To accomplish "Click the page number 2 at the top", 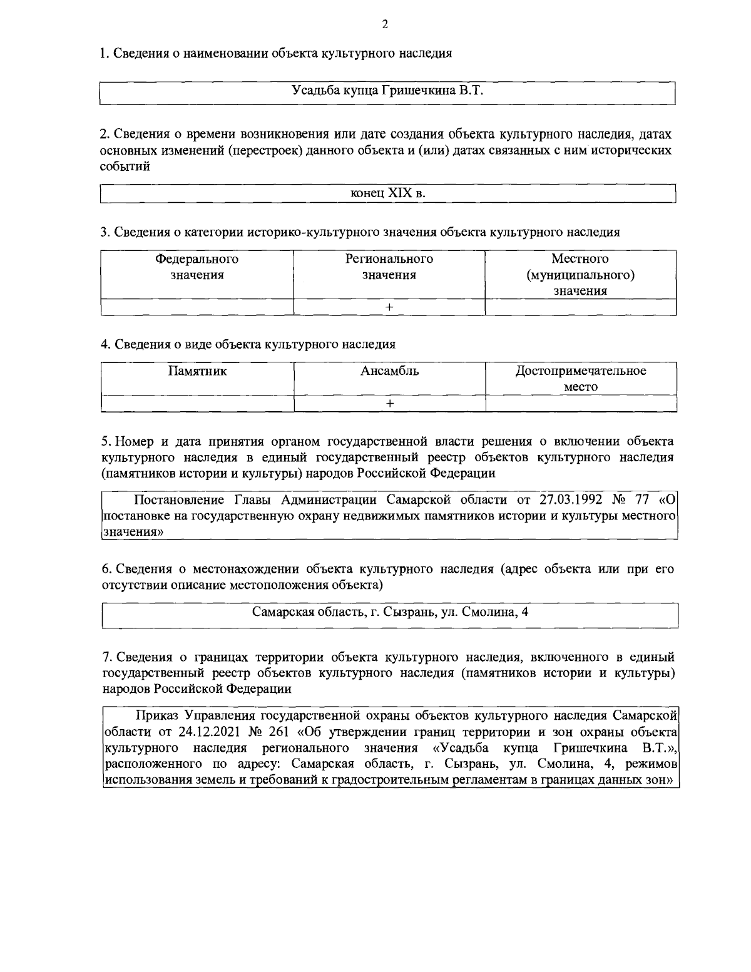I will tap(384, 25).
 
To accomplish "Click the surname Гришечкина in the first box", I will tap(417, 91).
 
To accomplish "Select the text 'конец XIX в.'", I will tap(388, 193).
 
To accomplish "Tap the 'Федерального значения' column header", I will tap(197, 267).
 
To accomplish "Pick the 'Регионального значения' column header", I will tap(389, 267).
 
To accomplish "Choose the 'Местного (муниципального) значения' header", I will tap(580, 275).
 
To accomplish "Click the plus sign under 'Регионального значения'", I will tap(389, 307).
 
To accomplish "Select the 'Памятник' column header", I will tap(197, 371).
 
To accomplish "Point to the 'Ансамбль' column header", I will tap(389, 371).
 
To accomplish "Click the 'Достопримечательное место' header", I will tap(581, 379).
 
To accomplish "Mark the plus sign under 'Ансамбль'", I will tap(389, 404).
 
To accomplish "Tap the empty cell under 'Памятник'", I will tap(197, 404).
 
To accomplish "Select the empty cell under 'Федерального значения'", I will tap(197, 307).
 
